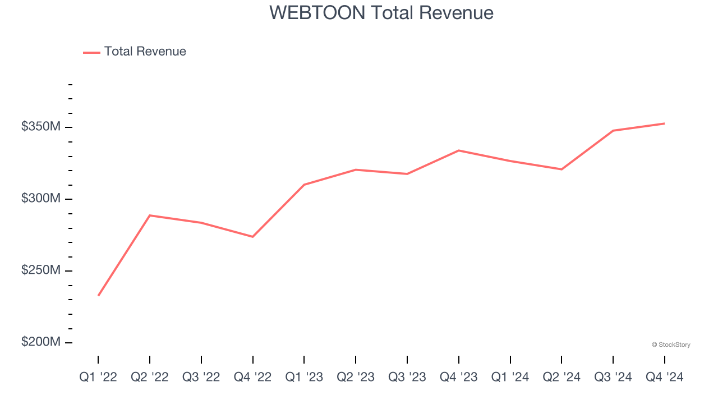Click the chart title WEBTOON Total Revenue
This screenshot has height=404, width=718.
tap(381, 13)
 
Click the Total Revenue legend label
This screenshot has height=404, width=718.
tap(145, 52)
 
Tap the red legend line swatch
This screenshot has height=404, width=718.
tap(91, 52)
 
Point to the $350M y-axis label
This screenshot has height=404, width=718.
tap(41, 127)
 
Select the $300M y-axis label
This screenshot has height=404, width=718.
tap(41, 199)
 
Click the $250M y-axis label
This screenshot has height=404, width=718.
tap(41, 270)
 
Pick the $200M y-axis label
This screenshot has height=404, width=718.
tap(41, 342)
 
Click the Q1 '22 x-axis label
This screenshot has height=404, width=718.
tap(98, 378)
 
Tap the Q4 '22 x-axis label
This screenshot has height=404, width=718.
tap(253, 378)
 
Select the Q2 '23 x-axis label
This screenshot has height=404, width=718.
tap(356, 378)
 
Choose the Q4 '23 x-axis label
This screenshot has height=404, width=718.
tap(459, 378)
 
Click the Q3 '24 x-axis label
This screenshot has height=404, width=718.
tap(613, 378)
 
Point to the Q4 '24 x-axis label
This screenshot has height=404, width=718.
tap(665, 378)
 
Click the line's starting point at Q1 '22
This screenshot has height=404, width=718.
tap(99, 295)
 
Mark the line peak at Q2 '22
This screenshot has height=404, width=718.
tap(150, 215)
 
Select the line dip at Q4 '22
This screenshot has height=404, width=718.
tap(253, 237)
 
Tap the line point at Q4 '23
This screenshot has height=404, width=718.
tap(459, 150)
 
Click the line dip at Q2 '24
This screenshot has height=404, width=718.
tap(561, 169)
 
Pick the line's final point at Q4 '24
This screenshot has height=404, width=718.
tap(664, 123)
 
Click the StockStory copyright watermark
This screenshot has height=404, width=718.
tap(671, 345)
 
